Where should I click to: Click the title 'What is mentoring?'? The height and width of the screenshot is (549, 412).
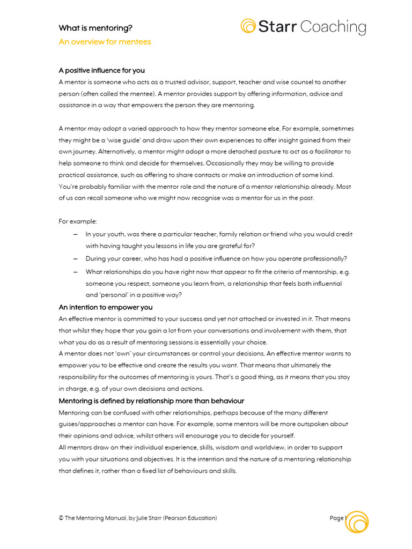[95, 28]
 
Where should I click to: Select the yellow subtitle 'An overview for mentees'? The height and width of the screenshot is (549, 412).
[105, 42]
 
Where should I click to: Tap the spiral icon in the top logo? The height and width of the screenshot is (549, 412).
[248, 26]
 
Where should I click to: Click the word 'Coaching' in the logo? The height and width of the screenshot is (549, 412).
[333, 27]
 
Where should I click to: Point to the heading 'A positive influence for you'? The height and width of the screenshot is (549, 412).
[101, 70]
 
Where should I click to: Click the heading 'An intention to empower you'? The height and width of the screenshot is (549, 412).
[105, 307]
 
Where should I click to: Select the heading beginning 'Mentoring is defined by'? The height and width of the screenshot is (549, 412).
[151, 401]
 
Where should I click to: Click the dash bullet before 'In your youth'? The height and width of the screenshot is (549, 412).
[75, 234]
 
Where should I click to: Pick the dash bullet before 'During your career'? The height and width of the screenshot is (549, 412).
[75, 258]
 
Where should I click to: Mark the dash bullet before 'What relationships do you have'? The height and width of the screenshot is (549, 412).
[75, 272]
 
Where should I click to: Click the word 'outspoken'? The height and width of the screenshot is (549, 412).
[311, 424]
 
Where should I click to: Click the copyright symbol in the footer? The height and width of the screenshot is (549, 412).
[61, 518]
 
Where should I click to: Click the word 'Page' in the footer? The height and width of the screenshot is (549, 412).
[336, 518]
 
